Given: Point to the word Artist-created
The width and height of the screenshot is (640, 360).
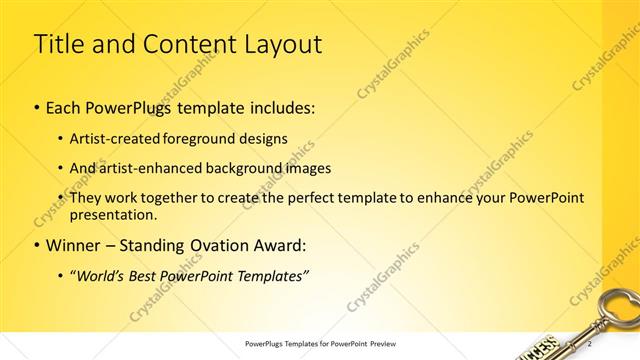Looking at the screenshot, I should [112, 139].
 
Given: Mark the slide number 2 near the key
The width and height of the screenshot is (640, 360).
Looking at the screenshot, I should [575, 341].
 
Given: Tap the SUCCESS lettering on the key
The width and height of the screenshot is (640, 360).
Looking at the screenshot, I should [540, 349].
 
